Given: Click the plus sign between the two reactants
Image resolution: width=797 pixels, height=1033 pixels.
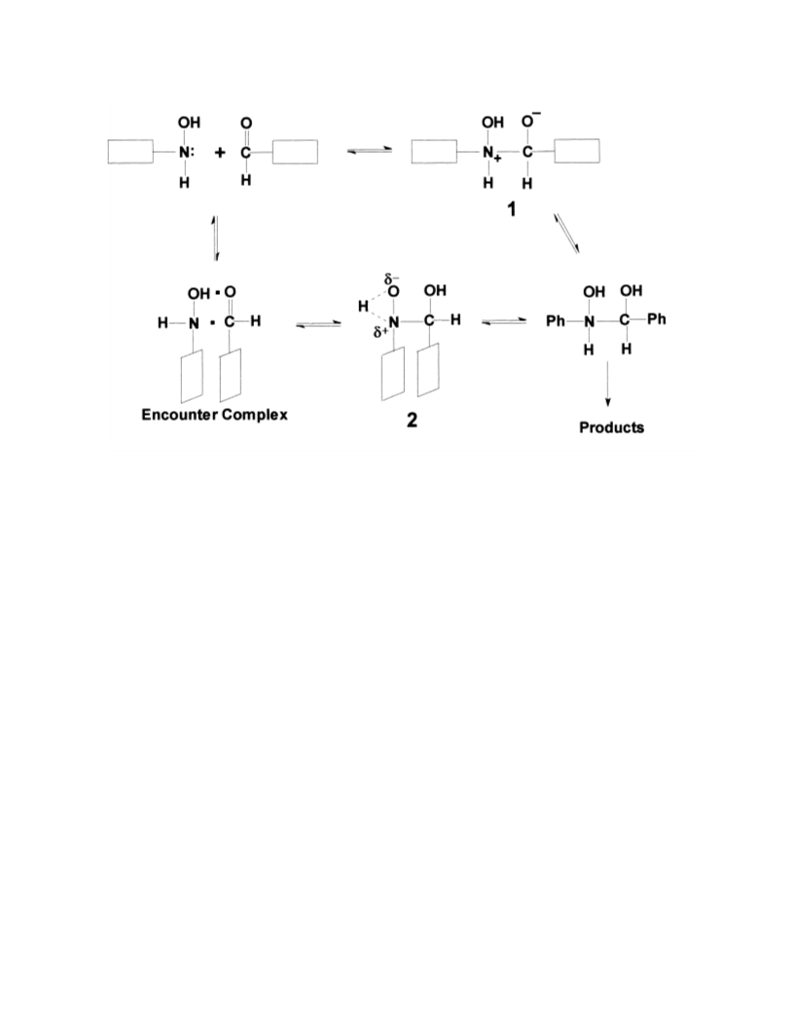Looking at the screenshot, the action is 219,153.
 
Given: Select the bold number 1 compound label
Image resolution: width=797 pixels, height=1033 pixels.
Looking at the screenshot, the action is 511,209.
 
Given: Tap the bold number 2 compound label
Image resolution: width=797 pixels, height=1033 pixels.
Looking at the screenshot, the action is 412,421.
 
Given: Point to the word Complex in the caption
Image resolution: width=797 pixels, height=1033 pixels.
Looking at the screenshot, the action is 255,415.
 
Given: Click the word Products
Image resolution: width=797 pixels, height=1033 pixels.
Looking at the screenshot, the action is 611,427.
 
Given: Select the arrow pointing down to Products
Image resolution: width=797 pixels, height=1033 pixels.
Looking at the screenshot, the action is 607,384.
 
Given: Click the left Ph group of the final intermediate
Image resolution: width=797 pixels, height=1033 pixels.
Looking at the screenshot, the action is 556,321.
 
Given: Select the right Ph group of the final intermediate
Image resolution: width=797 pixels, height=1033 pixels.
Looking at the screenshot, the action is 657,319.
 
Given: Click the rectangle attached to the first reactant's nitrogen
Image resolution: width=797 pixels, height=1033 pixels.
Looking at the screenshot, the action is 130,152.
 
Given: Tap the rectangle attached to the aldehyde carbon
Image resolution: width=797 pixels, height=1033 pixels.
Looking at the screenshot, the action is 295,152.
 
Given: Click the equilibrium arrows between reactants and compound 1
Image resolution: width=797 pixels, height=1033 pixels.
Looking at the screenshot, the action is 370,152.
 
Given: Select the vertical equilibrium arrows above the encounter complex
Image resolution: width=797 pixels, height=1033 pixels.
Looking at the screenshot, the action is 215,239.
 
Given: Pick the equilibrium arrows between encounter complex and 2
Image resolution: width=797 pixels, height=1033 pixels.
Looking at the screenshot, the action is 318,324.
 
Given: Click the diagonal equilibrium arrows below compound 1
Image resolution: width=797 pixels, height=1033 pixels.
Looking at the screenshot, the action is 566,234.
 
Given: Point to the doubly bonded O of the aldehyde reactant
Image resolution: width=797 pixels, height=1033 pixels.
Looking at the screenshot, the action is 246,124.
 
